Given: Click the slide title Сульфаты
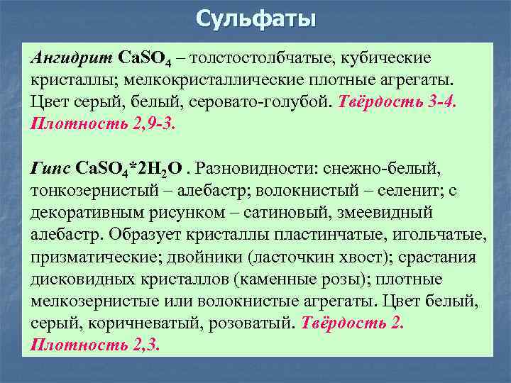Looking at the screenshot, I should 255,18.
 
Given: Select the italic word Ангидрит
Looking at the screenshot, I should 70,56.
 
